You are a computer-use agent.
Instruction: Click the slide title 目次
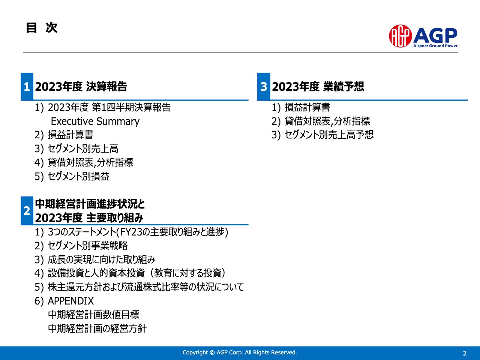tap(42, 28)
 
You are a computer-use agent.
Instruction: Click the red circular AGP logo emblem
tap(400, 36)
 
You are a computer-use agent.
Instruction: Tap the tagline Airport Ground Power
tap(435, 46)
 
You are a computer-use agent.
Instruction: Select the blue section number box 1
tap(27, 87)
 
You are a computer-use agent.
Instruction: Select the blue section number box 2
tap(27, 211)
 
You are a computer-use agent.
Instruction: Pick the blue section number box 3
tap(264, 87)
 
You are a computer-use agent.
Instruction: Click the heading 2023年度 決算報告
tap(81, 87)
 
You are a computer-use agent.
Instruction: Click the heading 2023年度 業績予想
tap(318, 87)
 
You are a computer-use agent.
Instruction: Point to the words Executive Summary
tap(95, 121)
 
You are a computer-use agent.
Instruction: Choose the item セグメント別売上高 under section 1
tap(83, 149)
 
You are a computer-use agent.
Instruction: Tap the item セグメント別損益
tap(78, 176)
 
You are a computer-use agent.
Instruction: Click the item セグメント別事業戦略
tap(88, 246)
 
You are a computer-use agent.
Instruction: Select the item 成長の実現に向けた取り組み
tap(101, 259)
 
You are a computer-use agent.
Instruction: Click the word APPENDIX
tap(70, 301)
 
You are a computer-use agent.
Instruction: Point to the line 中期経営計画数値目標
tap(93, 315)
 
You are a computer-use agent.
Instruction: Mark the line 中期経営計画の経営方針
tap(97, 328)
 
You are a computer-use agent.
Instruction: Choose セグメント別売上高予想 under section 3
tap(329, 135)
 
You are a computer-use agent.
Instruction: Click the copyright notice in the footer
tap(240, 352)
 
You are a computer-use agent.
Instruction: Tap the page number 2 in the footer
tap(465, 353)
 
